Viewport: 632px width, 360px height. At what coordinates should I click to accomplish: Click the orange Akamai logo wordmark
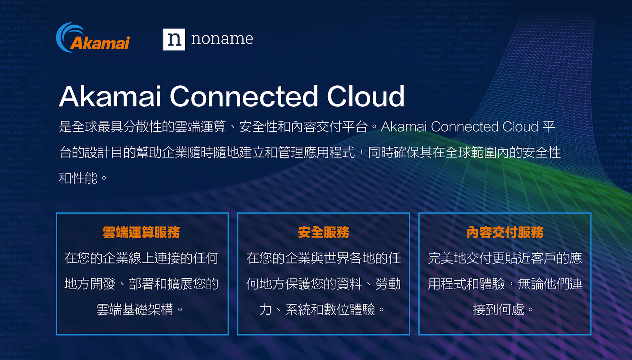click(100, 43)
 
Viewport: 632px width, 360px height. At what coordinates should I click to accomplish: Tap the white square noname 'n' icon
click(174, 39)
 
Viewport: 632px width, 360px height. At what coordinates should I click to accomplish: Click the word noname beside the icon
click(222, 39)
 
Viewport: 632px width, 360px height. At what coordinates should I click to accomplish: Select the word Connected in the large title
click(244, 96)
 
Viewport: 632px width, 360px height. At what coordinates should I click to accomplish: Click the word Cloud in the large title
click(366, 96)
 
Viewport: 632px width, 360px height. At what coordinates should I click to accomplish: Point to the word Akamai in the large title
click(110, 96)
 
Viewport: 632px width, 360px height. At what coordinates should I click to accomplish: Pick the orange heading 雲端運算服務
click(141, 232)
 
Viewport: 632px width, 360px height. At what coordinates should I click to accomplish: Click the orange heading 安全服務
click(324, 232)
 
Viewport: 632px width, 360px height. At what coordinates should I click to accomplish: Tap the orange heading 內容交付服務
click(505, 232)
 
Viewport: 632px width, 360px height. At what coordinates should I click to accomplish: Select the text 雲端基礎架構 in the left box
click(135, 309)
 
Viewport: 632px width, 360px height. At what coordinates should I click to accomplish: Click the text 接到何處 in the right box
click(498, 309)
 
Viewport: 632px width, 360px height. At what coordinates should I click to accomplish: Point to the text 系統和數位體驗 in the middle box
click(330, 309)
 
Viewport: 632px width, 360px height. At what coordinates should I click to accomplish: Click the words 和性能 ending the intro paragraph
click(78, 178)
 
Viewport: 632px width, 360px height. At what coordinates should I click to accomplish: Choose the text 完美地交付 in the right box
click(460, 258)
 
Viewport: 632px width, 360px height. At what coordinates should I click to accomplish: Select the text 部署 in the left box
click(141, 284)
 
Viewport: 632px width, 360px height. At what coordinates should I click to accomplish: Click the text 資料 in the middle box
click(349, 284)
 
